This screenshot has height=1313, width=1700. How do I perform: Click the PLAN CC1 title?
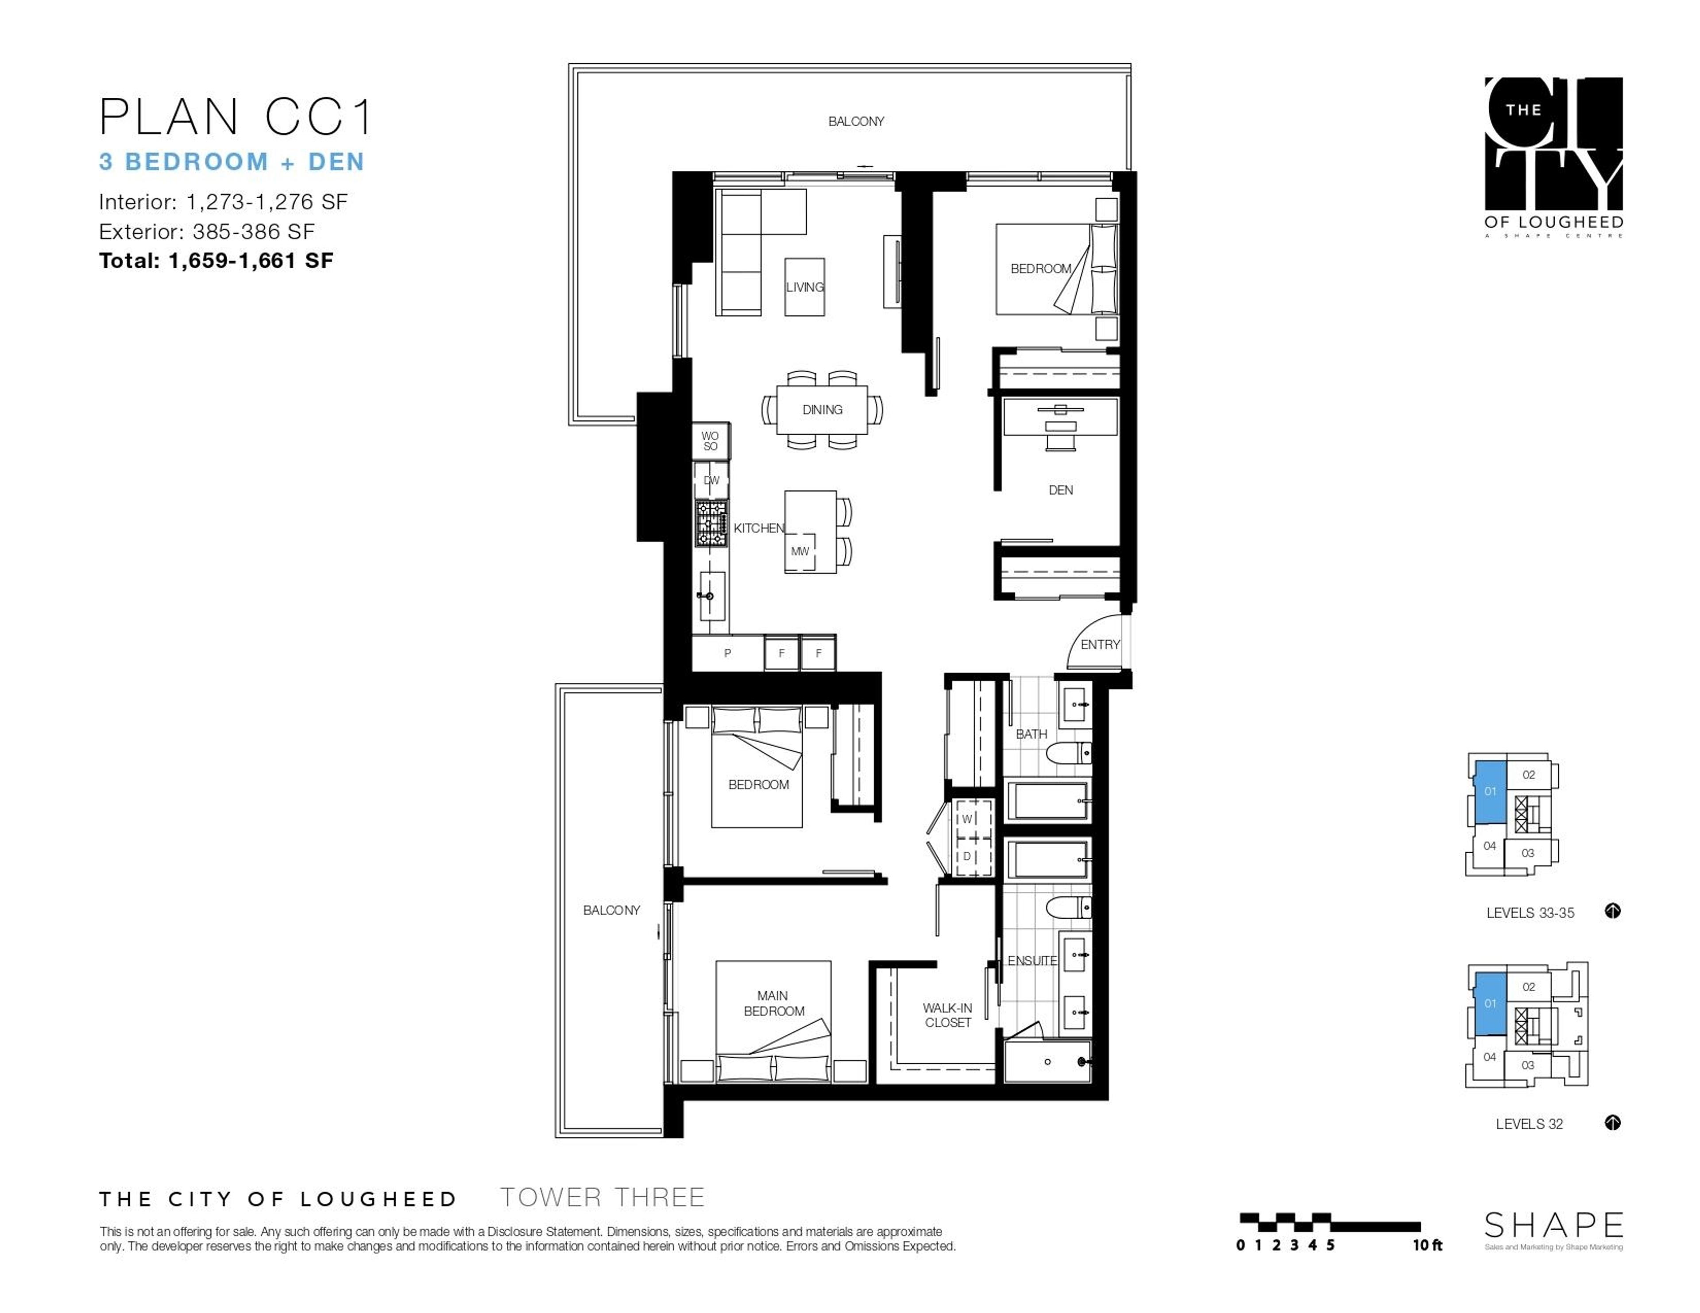pyautogui.click(x=235, y=118)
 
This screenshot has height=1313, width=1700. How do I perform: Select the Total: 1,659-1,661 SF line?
pyautogui.click(x=216, y=261)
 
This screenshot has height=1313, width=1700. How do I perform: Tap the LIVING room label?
pyautogui.click(x=804, y=287)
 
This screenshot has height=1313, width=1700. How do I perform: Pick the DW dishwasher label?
pyautogui.click(x=711, y=480)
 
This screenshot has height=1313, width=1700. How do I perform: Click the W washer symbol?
pyautogui.click(x=967, y=819)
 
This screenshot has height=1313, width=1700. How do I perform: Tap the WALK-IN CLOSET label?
pyautogui.click(x=947, y=1015)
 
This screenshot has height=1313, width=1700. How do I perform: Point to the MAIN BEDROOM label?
pyautogui.click(x=773, y=1003)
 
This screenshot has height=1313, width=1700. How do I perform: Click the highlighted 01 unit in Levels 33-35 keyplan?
pyautogui.click(x=1489, y=792)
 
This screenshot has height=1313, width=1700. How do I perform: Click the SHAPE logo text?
pyautogui.click(x=1553, y=1226)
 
